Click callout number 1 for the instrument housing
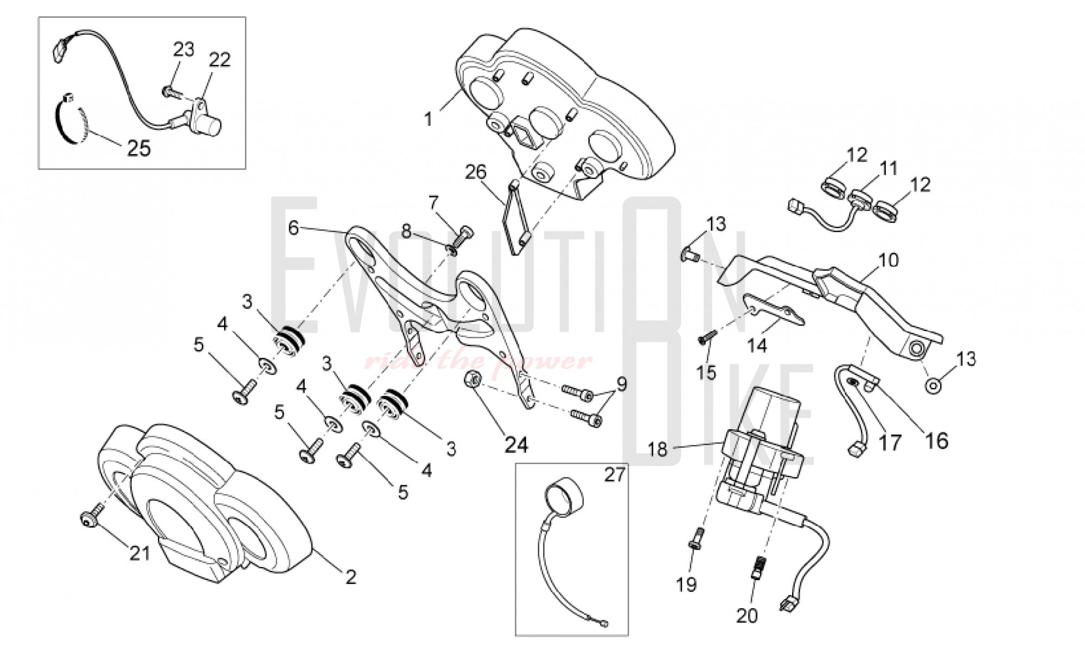429,119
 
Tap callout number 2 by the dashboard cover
351,577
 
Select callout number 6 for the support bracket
293,228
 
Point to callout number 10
888,260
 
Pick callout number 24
516,445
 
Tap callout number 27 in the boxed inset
615,475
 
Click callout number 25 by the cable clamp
138,148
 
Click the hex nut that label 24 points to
471,379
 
